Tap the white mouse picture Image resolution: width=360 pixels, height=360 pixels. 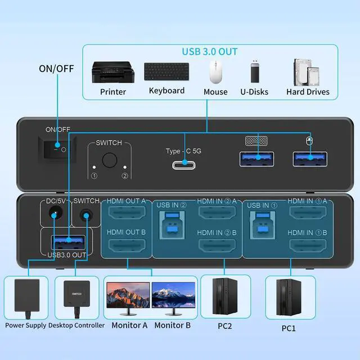point(215,72)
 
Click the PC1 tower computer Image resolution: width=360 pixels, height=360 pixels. point(287,297)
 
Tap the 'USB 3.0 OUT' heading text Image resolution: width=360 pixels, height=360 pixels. point(209,51)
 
